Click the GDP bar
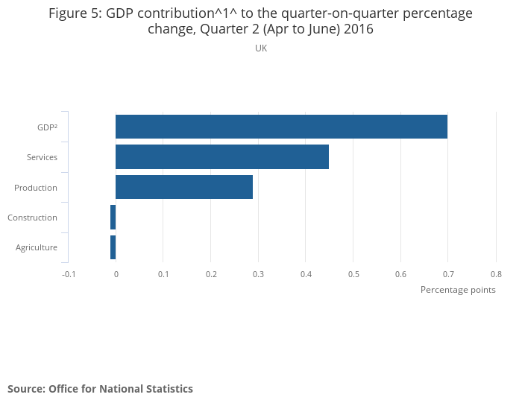tap(281, 127)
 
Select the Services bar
tap(222, 157)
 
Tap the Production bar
tap(184, 187)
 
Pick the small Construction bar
tap(113, 218)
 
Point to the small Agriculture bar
tap(113, 247)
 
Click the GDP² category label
tap(47, 127)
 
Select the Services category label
tap(42, 157)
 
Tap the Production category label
tap(36, 188)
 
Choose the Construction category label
tap(32, 218)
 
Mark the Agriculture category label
tap(37, 247)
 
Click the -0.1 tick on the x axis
tap(69, 274)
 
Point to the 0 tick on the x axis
tap(116, 274)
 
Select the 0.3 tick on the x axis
tap(258, 274)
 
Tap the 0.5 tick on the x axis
tap(353, 274)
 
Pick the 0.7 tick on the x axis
tap(448, 274)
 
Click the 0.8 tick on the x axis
tap(496, 274)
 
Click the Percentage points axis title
tap(458, 290)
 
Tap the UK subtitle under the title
tap(261, 48)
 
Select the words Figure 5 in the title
tap(75, 13)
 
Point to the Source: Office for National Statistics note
tap(100, 389)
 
